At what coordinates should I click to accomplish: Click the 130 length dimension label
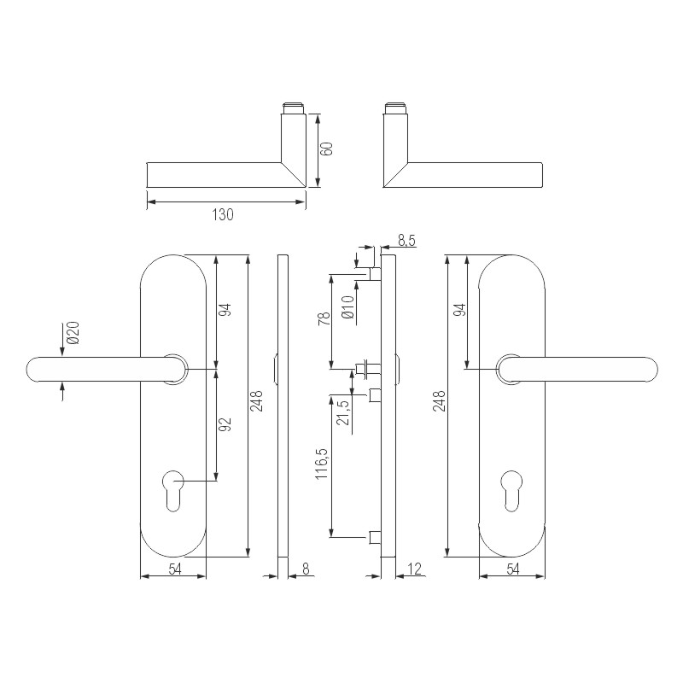222,215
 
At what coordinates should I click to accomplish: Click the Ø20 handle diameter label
73,334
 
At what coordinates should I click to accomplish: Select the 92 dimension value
227,423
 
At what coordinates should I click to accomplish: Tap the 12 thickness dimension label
416,568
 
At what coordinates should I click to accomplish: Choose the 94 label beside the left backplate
227,311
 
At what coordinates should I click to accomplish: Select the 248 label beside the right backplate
439,401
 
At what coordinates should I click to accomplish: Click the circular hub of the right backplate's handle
511,369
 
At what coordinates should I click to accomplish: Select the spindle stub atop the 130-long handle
293,108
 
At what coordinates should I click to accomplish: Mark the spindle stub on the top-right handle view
395,108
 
